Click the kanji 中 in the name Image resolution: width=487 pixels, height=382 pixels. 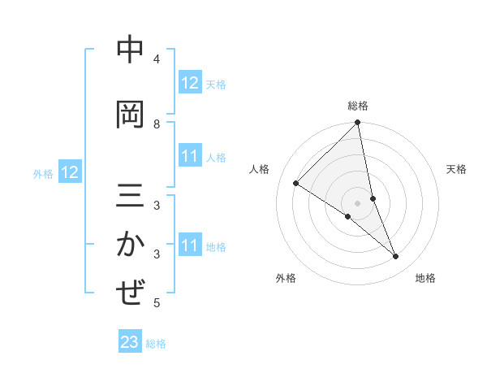pyautogui.click(x=130, y=51)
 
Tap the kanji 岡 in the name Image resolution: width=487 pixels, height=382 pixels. pyautogui.click(x=130, y=114)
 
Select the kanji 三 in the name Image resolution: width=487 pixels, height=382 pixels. pyautogui.click(x=130, y=198)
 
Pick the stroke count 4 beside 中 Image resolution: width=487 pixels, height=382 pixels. pyautogui.click(x=157, y=59)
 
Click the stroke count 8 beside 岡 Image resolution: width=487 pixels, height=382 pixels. pyautogui.click(x=157, y=124)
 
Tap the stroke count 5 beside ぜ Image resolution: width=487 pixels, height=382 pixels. pyautogui.click(x=157, y=303)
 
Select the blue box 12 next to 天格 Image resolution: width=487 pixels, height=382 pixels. pyautogui.click(x=189, y=83)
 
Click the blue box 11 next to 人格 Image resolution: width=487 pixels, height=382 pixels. pyautogui.click(x=189, y=156)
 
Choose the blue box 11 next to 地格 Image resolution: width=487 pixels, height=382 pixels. pyautogui.click(x=189, y=245)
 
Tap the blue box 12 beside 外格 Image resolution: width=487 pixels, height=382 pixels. pyautogui.click(x=69, y=172)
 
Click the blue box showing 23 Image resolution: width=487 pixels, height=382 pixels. pyautogui.click(x=129, y=342)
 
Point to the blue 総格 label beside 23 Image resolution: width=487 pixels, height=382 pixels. pyautogui.click(x=156, y=344)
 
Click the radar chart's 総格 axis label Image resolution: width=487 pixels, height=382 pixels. pyautogui.click(x=358, y=106)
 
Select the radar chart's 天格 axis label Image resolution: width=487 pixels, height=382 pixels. pyautogui.click(x=457, y=169)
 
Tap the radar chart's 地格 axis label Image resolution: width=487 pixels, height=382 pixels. pyautogui.click(x=425, y=278)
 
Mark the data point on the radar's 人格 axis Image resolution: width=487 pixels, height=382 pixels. pyautogui.click(x=296, y=184)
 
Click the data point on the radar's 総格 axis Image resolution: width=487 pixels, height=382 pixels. pyautogui.click(x=358, y=124)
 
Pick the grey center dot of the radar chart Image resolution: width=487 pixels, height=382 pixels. pyautogui.click(x=358, y=202)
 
